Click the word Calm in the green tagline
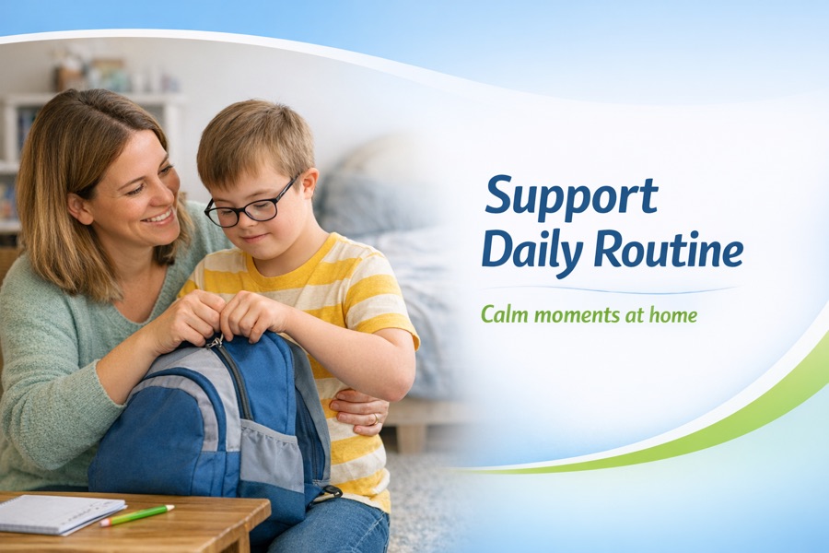(505, 315)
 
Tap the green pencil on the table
(137, 515)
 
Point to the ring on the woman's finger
(376, 419)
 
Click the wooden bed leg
(412, 436)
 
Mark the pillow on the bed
(365, 198)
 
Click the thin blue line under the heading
(609, 289)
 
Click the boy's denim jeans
(328, 526)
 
